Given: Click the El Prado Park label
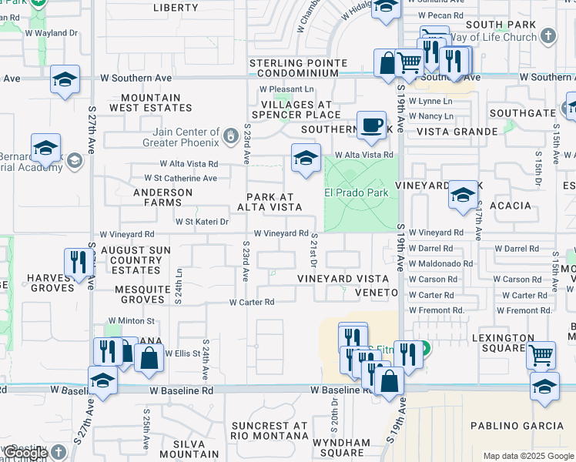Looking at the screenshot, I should click(x=356, y=192).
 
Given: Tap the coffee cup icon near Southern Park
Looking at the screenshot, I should click(x=371, y=125).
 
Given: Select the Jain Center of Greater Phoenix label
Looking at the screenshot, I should click(x=189, y=136).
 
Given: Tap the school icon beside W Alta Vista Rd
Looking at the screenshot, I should click(x=306, y=158).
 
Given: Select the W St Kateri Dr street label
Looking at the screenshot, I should click(x=203, y=222).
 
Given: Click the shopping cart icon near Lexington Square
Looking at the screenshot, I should click(x=541, y=355).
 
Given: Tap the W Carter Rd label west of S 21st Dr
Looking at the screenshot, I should click(x=251, y=303).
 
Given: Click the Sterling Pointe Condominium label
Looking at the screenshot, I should click(x=294, y=68).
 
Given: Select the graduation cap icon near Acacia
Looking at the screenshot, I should click(x=463, y=194).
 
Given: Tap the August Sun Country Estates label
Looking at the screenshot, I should click(x=130, y=260).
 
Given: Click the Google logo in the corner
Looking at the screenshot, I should click(x=25, y=453).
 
